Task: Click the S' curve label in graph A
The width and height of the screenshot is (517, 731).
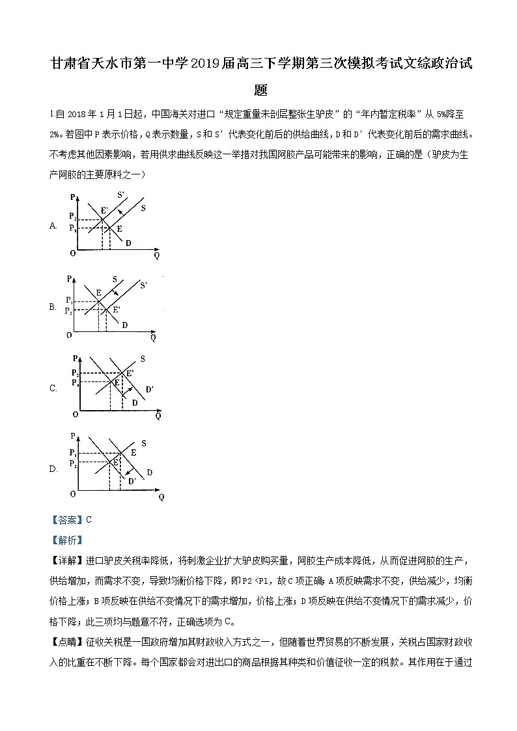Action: pos(122,195)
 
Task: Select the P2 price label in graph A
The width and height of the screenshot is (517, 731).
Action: pos(72,216)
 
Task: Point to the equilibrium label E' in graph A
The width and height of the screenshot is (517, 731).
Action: pos(104,210)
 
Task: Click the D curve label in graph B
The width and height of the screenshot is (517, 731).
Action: pos(124,325)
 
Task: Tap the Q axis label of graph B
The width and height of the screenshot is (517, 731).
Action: pos(154,338)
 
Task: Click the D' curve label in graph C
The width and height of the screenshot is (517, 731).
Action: pos(149,389)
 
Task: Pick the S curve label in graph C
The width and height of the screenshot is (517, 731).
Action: pos(143,359)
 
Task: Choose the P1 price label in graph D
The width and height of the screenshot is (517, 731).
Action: pos(72,452)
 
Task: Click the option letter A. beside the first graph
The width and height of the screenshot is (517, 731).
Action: pos(53,226)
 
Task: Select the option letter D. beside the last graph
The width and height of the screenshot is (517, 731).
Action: pos(53,469)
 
